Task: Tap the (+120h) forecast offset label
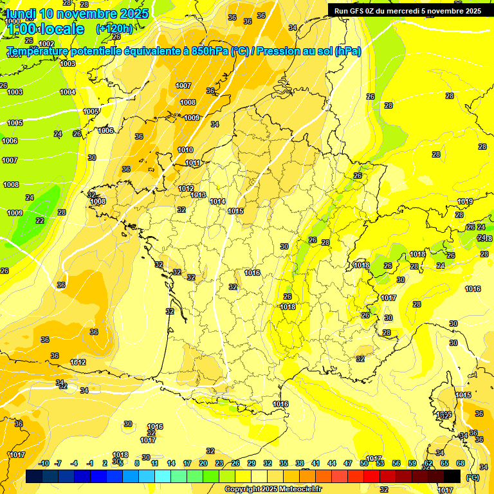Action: (114, 28)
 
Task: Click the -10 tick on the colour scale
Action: (44, 463)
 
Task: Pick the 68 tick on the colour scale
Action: (460, 463)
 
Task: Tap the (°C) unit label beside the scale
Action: (472, 477)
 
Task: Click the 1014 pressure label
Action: (217, 201)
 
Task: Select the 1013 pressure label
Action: (198, 195)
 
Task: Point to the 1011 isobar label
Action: (193, 163)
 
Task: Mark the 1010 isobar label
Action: (185, 150)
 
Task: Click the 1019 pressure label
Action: (465, 202)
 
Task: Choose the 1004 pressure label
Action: (68, 92)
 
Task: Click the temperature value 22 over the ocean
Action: (40, 221)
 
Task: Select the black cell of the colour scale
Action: (452, 476)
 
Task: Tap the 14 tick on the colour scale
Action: (171, 463)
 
